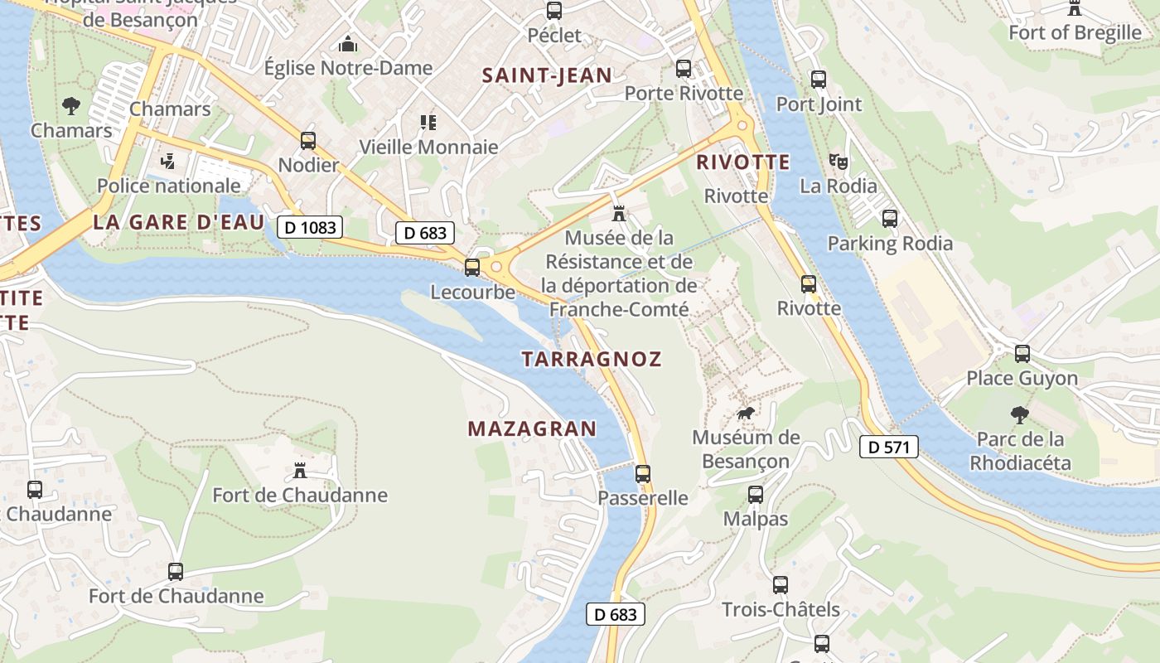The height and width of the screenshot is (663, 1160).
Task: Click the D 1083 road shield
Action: tap(310, 226)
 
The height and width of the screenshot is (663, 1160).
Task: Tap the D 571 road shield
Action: tap(889, 448)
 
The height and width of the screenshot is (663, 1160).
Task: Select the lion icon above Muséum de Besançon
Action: tap(747, 413)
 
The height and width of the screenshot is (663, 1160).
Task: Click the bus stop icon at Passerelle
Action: tap(643, 474)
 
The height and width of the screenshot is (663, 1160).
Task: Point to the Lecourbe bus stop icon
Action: tap(472, 268)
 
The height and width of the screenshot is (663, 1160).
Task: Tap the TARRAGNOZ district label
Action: tap(592, 359)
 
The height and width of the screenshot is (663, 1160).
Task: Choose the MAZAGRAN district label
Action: tap(532, 428)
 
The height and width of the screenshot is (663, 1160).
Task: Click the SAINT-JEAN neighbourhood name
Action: tap(547, 75)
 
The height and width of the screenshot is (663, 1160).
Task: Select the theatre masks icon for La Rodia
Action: tap(839, 162)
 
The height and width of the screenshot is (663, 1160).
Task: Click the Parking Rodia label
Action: tap(890, 244)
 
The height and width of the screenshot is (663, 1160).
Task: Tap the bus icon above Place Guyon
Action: tap(1022, 354)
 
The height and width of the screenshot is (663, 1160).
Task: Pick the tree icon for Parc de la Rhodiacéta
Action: tap(1020, 414)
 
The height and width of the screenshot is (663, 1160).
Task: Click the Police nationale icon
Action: tap(169, 161)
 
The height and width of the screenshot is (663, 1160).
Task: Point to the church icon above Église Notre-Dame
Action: tap(349, 44)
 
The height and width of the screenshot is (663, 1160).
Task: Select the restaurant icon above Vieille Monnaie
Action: tap(428, 123)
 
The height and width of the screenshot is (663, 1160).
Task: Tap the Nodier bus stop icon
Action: tap(308, 141)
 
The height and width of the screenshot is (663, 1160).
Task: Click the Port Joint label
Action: tap(819, 104)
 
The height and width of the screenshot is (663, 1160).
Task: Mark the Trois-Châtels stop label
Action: tap(781, 610)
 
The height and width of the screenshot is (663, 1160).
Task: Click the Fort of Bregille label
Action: tap(1075, 32)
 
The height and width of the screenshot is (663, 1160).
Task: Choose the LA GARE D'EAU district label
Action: tap(179, 222)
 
